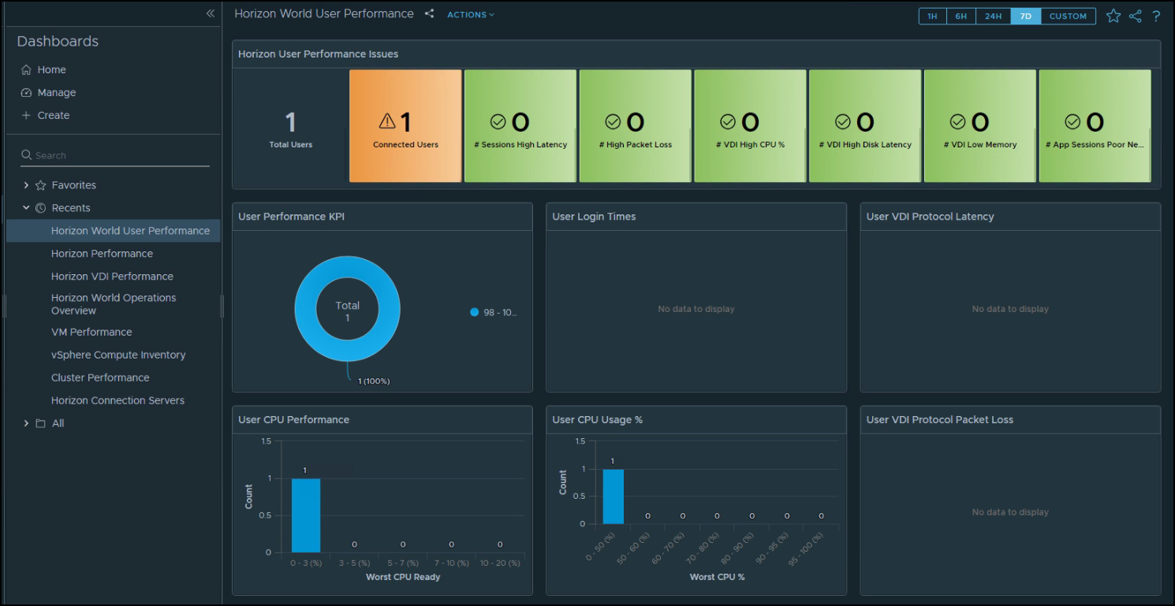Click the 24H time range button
(x=993, y=16)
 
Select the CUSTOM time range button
(x=1068, y=16)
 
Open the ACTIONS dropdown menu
(x=471, y=14)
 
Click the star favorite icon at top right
(x=1113, y=16)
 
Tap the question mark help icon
(x=1156, y=16)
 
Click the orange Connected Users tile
(x=405, y=126)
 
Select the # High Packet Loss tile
(x=635, y=126)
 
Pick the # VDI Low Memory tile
(x=979, y=126)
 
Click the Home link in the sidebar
(x=51, y=69)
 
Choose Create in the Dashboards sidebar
(x=53, y=115)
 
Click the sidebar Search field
(x=118, y=155)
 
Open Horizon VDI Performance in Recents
(x=112, y=276)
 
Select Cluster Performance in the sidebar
(x=100, y=377)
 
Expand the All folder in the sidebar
(x=27, y=423)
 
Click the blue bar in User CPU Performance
(x=306, y=515)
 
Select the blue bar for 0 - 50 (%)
(x=613, y=496)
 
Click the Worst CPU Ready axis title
(x=403, y=577)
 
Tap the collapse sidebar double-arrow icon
(x=210, y=13)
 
